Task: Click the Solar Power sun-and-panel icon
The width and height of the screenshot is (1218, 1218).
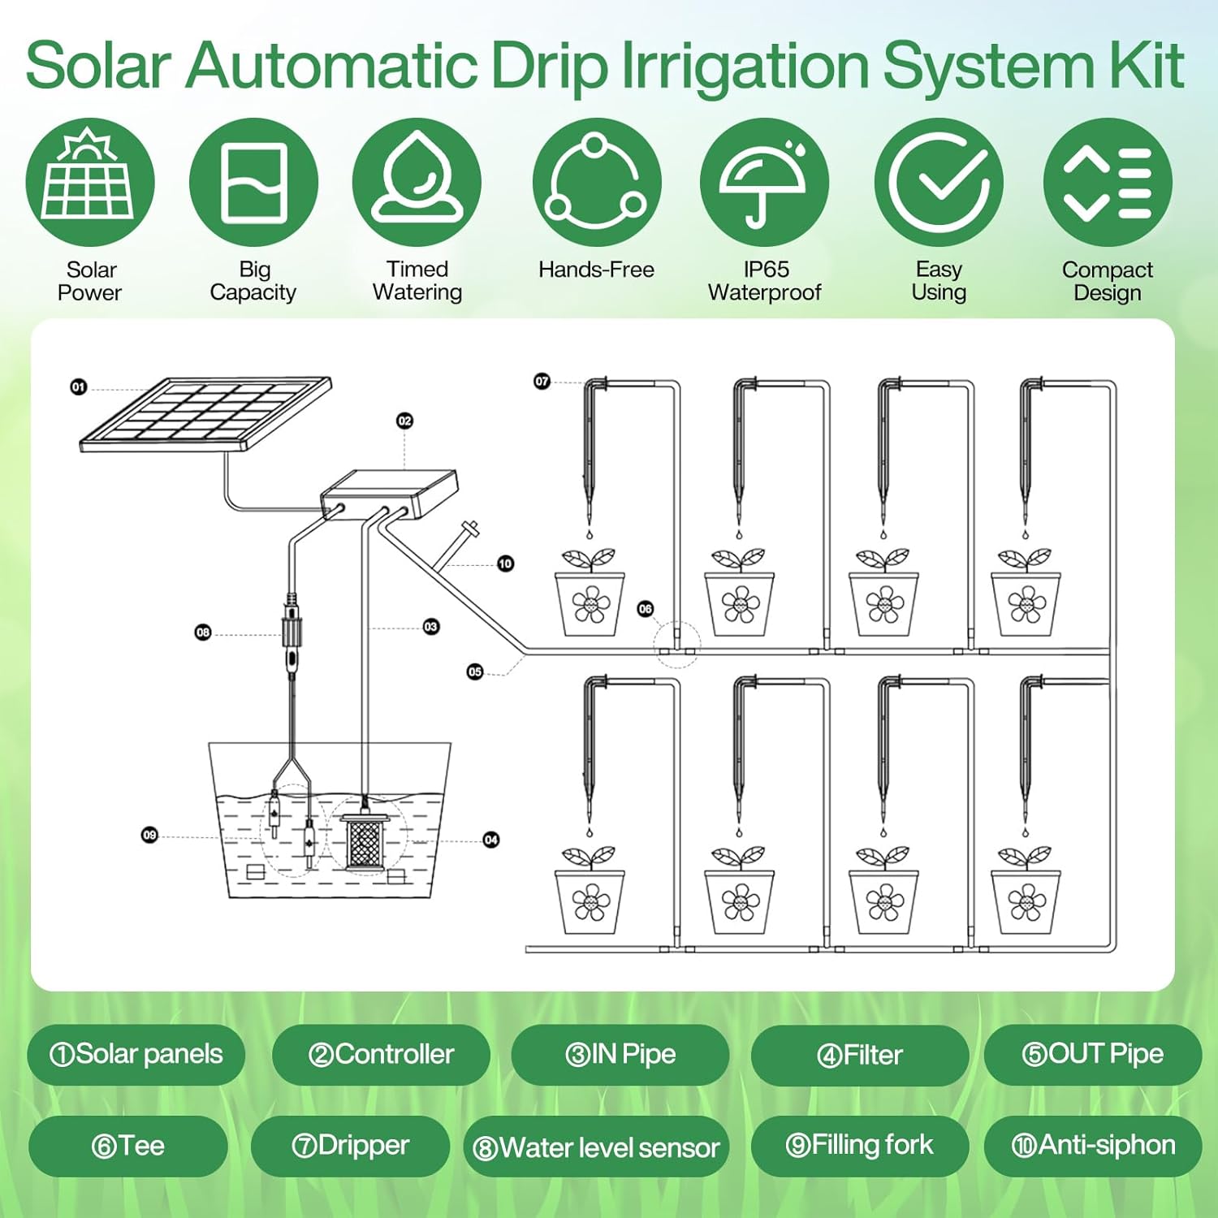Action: point(90,182)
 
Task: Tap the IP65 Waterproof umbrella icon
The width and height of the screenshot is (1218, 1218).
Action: point(764,182)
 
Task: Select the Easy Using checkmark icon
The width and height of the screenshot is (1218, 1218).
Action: point(939,182)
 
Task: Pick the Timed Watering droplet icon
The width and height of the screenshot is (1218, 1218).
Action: point(417,182)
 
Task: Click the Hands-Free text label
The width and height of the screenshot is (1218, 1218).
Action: point(596,270)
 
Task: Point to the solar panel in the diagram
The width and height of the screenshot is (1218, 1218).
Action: point(206,413)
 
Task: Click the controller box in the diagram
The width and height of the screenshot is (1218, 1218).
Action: point(389,494)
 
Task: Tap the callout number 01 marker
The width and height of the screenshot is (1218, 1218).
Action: point(79,387)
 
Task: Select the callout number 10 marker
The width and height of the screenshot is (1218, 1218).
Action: point(505,563)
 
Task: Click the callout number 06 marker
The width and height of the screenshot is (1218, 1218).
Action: point(646,608)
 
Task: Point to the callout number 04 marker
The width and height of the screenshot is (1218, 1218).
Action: point(491,840)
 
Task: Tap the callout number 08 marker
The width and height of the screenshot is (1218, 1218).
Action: point(203,633)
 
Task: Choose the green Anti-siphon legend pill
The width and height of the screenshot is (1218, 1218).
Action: point(1093,1146)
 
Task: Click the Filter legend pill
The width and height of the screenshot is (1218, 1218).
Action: point(860,1055)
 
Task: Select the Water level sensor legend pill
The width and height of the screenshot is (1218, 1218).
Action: point(597,1147)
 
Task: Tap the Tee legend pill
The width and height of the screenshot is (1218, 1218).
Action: point(128,1146)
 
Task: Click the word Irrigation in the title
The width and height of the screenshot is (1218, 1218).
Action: point(745,66)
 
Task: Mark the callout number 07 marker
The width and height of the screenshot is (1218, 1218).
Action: point(542,381)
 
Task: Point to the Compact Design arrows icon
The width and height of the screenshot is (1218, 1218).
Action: point(1108,182)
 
